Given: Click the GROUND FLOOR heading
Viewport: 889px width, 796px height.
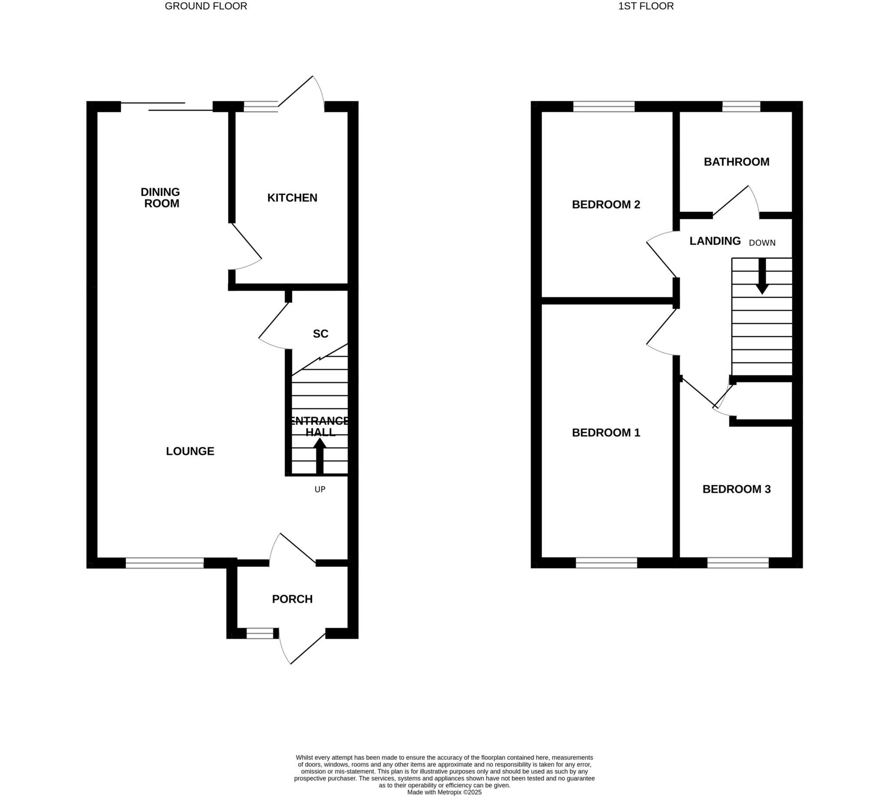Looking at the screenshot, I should (206, 6).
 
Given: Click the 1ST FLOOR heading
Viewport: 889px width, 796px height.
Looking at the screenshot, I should (646, 6).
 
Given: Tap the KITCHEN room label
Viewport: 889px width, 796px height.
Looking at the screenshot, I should (292, 197).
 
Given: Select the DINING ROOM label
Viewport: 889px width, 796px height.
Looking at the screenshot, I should (161, 197).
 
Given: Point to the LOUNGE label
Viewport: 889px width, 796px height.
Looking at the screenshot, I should (190, 451).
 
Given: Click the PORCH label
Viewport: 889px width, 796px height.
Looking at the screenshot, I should (292, 599).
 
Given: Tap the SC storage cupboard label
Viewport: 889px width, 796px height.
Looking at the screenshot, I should (320, 334).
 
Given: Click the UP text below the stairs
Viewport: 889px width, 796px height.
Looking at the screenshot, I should (320, 490).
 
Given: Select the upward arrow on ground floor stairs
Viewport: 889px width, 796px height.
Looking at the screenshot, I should (320, 455).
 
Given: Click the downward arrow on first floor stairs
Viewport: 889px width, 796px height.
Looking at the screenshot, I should (762, 276).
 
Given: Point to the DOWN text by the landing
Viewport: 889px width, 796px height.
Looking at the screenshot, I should (762, 243).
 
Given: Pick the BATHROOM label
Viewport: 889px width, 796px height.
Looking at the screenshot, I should (736, 162).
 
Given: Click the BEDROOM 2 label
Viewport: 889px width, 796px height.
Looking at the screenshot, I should (606, 205).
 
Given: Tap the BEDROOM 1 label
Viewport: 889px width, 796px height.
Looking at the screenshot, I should (606, 433).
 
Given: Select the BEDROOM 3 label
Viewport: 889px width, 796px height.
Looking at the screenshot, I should (736, 490).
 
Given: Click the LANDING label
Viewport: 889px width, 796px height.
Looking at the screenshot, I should (715, 241).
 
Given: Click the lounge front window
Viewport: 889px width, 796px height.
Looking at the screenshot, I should (165, 563).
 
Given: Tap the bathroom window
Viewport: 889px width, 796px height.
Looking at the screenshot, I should (741, 106).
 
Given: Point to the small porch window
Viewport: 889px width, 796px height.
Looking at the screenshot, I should (260, 634).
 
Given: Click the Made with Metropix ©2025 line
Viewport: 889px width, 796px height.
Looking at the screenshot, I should (444, 792).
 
